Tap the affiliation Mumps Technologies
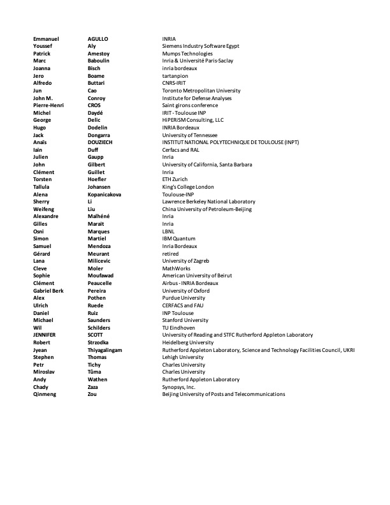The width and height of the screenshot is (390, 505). pos(187,54)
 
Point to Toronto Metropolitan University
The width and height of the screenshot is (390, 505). pos(201,91)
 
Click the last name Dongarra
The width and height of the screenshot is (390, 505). pos(101,135)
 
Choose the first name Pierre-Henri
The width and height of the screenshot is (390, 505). pos(48,105)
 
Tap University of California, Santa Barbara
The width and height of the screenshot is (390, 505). pos(207,165)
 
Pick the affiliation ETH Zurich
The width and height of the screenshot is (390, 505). pos(175,180)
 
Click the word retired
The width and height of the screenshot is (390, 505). pos(171,253)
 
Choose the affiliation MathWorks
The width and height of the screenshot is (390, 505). pos(177,268)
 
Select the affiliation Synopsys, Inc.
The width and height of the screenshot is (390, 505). pos(178,386)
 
